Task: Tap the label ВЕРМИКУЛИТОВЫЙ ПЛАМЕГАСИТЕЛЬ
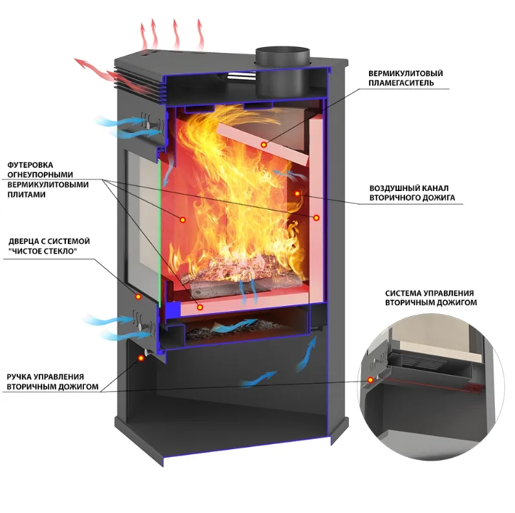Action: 405,77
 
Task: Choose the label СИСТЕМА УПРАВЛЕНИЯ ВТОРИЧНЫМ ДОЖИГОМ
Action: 429,297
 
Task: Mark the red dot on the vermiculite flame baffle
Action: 263,145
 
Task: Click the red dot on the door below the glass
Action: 138,296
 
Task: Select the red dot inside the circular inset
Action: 370,379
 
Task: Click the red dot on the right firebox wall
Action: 317,218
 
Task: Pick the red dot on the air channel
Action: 297,192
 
